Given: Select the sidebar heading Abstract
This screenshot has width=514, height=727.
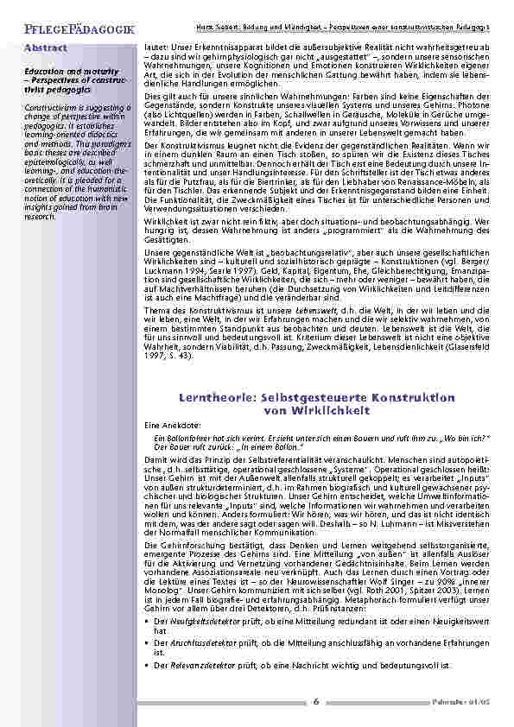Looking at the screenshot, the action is coord(45,47).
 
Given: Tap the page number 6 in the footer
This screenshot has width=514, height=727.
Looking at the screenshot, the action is coord(316,701).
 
